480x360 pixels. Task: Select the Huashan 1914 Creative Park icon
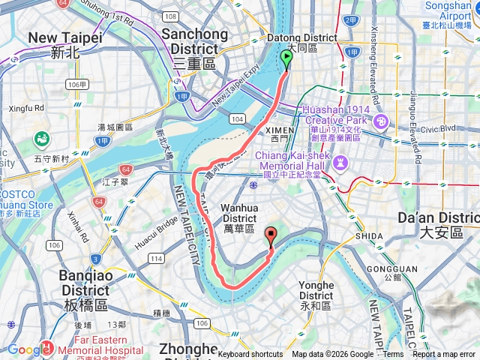381,121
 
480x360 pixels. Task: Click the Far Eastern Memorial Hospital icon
46,346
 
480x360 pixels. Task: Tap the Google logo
28,349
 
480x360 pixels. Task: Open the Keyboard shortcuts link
250,355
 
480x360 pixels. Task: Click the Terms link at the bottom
393,355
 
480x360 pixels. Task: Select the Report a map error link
444,355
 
